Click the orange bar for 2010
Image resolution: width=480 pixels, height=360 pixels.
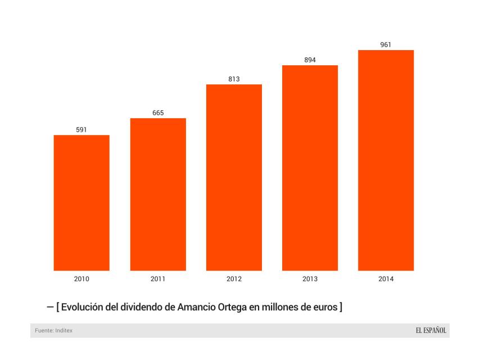tap(81, 202)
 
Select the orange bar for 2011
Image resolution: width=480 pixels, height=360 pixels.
tap(158, 194)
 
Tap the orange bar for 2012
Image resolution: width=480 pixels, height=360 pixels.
tap(234, 177)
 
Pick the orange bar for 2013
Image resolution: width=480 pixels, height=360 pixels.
tap(310, 168)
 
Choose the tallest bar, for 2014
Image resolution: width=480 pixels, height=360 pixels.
tap(386, 160)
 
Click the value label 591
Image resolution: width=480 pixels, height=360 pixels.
tap(81, 130)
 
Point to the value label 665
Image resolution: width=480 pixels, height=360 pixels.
tap(158, 113)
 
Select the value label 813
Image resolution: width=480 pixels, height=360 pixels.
tap(234, 79)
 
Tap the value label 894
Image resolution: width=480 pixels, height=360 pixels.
tap(310, 60)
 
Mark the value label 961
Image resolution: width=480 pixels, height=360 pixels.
tap(386, 45)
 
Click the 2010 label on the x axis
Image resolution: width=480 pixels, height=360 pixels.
tap(81, 279)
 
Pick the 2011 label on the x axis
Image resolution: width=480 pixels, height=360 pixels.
tap(158, 279)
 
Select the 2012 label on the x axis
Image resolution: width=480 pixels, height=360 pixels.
tap(234, 279)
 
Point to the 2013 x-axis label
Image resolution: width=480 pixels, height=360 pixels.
tap(310, 279)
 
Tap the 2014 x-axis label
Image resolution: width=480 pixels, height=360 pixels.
tap(386, 279)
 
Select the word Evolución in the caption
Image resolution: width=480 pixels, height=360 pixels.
tap(85, 307)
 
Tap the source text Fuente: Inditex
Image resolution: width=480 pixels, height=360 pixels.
tap(55, 331)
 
